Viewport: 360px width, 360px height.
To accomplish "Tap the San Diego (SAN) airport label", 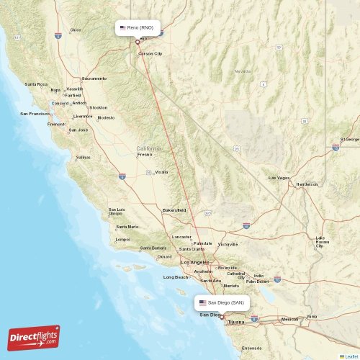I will pyautogui.click(x=222, y=303).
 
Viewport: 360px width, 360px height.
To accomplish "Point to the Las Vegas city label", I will pyautogui.click(x=279, y=178).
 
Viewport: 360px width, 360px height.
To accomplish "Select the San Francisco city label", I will pyautogui.click(x=35, y=114).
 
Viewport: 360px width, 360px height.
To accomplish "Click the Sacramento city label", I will pyautogui.click(x=94, y=78).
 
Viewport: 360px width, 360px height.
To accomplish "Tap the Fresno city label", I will pyautogui.click(x=145, y=154).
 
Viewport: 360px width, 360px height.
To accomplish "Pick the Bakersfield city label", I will pyautogui.click(x=174, y=210).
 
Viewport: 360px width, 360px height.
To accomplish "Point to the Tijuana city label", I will pyautogui.click(x=235, y=323).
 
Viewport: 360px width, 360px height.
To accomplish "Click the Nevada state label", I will pyautogui.click(x=242, y=71).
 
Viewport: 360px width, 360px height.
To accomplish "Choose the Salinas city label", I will pyautogui.click(x=84, y=157).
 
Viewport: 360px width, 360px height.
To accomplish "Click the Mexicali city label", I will pyautogui.click(x=289, y=319).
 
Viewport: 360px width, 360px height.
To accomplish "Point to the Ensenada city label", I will pyautogui.click(x=252, y=348).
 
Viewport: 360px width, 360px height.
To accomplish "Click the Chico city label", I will pyautogui.click(x=76, y=30).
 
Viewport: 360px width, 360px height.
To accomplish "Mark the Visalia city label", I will pyautogui.click(x=161, y=172).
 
